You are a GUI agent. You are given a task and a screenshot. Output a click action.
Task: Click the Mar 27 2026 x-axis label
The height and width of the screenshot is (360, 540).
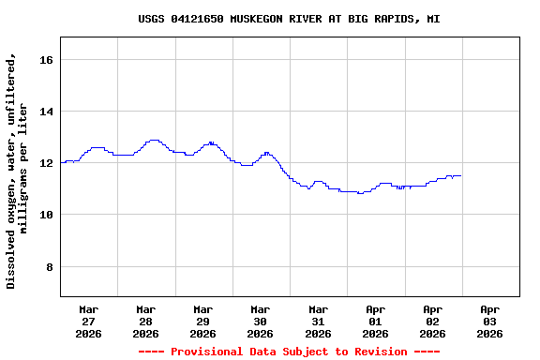pos(89,321)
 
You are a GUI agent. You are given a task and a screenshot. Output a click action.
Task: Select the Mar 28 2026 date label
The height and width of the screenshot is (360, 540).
pos(146,321)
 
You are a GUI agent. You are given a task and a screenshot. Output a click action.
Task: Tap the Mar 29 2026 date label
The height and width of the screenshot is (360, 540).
pos(203,321)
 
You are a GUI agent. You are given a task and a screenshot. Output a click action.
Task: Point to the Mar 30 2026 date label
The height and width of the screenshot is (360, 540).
pos(261,321)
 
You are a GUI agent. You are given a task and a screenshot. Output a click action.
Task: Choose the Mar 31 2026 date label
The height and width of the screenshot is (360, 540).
pos(318,321)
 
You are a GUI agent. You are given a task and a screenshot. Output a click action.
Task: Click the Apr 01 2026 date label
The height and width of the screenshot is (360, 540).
pos(375,321)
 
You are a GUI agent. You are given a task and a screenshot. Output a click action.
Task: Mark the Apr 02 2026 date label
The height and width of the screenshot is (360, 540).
pos(432,321)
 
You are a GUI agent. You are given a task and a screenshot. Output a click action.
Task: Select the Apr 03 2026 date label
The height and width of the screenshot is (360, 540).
pos(489,321)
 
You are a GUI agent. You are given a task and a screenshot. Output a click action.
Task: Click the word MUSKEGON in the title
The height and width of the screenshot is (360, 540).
pos(253,19)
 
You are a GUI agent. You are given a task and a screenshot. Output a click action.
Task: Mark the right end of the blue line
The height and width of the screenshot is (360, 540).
pos(460,176)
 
